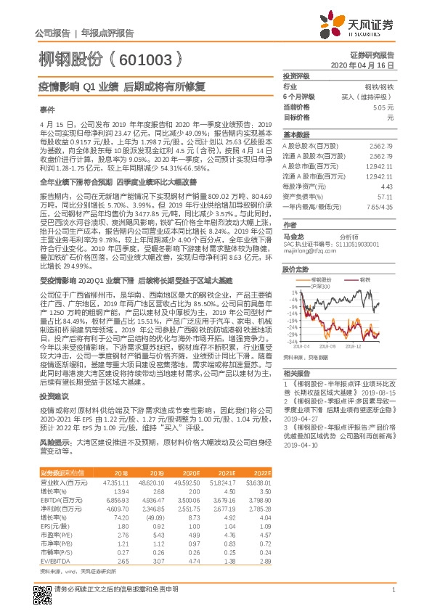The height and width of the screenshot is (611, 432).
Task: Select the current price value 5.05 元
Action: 381,107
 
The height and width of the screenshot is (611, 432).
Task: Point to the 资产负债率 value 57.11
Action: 384,196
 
